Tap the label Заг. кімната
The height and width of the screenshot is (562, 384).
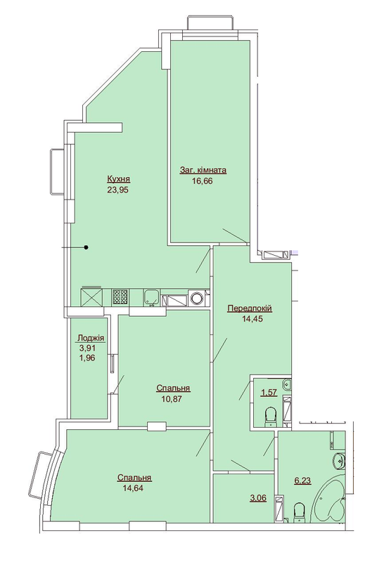[203, 170]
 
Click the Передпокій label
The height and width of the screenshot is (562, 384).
[249, 309]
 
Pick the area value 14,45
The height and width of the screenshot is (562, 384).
[249, 320]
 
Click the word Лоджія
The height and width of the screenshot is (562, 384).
[91, 336]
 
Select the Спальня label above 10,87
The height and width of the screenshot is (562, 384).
[173, 388]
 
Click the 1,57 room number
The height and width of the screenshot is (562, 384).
[268, 393]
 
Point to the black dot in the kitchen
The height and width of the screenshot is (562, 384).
[87, 247]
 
